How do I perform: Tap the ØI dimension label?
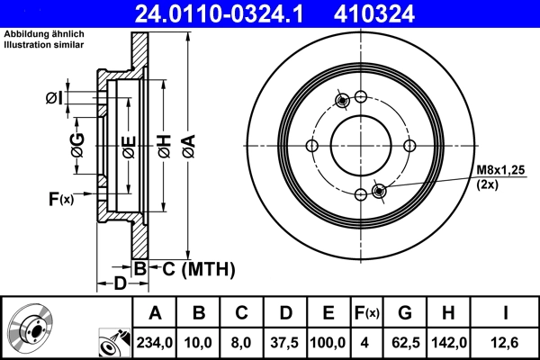coord(54,98)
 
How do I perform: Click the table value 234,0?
coord(155,343)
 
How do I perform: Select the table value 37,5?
coord(286,343)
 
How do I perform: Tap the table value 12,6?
coord(509,343)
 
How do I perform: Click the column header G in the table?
coord(406,313)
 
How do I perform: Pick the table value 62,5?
coord(406,343)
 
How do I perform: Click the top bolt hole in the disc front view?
coord(361,97)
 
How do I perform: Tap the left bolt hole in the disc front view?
coord(312,147)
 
